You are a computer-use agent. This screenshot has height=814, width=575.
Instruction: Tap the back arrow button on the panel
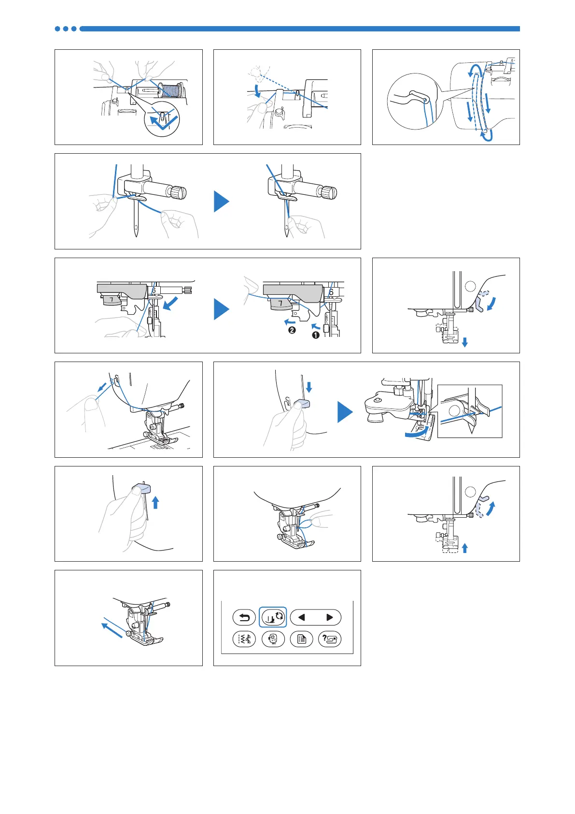point(244,617)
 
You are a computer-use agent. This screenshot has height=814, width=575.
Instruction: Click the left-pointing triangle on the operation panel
point(302,617)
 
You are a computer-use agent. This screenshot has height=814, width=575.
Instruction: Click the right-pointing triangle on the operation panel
point(330,617)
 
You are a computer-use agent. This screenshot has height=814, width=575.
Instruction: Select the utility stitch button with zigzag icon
point(244,639)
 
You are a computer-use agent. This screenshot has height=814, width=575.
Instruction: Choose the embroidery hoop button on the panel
point(273,639)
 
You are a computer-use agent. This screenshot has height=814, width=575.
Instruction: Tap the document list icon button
point(302,639)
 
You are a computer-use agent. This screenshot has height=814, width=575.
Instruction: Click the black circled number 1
point(316,335)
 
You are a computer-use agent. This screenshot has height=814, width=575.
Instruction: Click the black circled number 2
point(292,331)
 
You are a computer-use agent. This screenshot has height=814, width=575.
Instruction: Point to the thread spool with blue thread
point(172,90)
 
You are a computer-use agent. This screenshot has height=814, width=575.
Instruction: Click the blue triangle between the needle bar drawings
point(221,202)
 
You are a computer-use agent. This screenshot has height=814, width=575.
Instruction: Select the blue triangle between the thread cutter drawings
point(221,309)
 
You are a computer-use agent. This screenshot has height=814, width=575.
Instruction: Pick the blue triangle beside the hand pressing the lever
point(345,412)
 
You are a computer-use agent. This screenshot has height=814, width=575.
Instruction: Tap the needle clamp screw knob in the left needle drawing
point(178,192)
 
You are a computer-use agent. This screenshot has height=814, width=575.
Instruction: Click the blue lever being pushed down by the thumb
point(303,404)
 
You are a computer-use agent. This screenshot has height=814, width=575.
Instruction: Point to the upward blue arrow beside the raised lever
point(155,503)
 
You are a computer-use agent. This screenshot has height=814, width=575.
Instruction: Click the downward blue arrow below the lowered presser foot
point(464,343)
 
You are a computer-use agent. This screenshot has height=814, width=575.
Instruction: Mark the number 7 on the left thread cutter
point(112,300)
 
